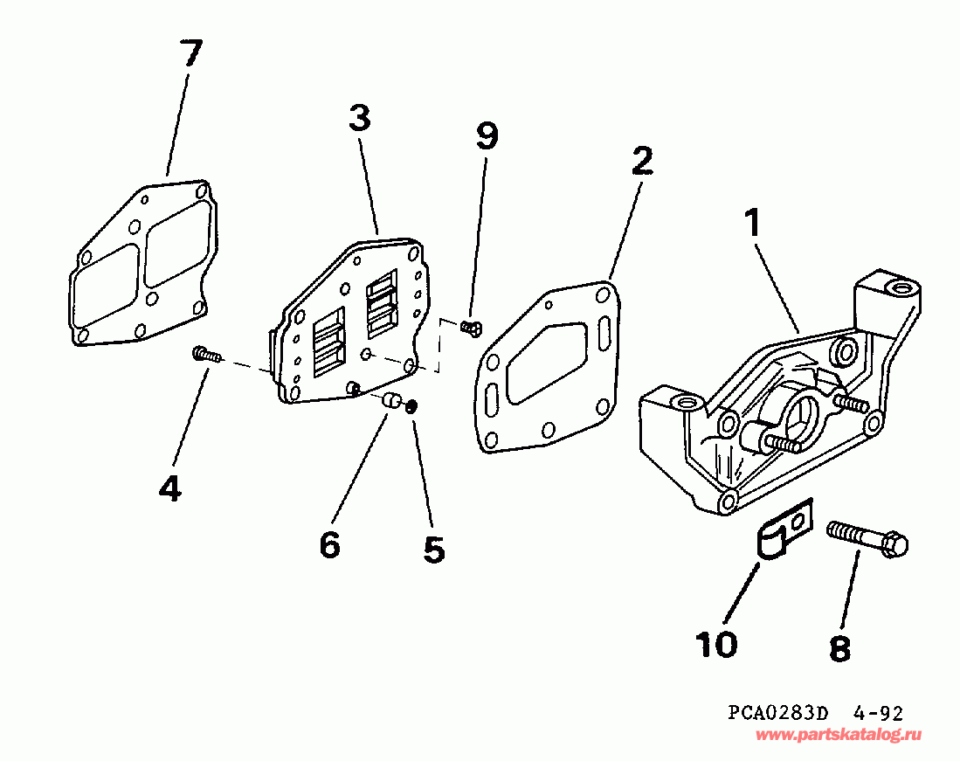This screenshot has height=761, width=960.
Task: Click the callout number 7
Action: click(190, 54)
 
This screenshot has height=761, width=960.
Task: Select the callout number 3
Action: click(359, 116)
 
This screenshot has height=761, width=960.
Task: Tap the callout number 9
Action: click(487, 135)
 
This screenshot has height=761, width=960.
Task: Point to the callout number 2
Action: click(641, 161)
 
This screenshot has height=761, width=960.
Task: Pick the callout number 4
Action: click(170, 488)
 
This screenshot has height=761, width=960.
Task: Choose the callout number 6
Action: click(329, 544)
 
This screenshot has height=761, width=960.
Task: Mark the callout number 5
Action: click(434, 549)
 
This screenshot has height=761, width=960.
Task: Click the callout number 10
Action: click(716, 644)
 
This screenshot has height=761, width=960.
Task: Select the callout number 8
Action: click(839, 647)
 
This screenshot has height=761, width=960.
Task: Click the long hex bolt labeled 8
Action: click(867, 537)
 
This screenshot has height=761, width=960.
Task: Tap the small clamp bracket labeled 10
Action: click(783, 534)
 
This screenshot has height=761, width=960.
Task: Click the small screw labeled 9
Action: click(470, 328)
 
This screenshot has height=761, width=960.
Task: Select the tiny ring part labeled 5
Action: click(412, 405)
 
